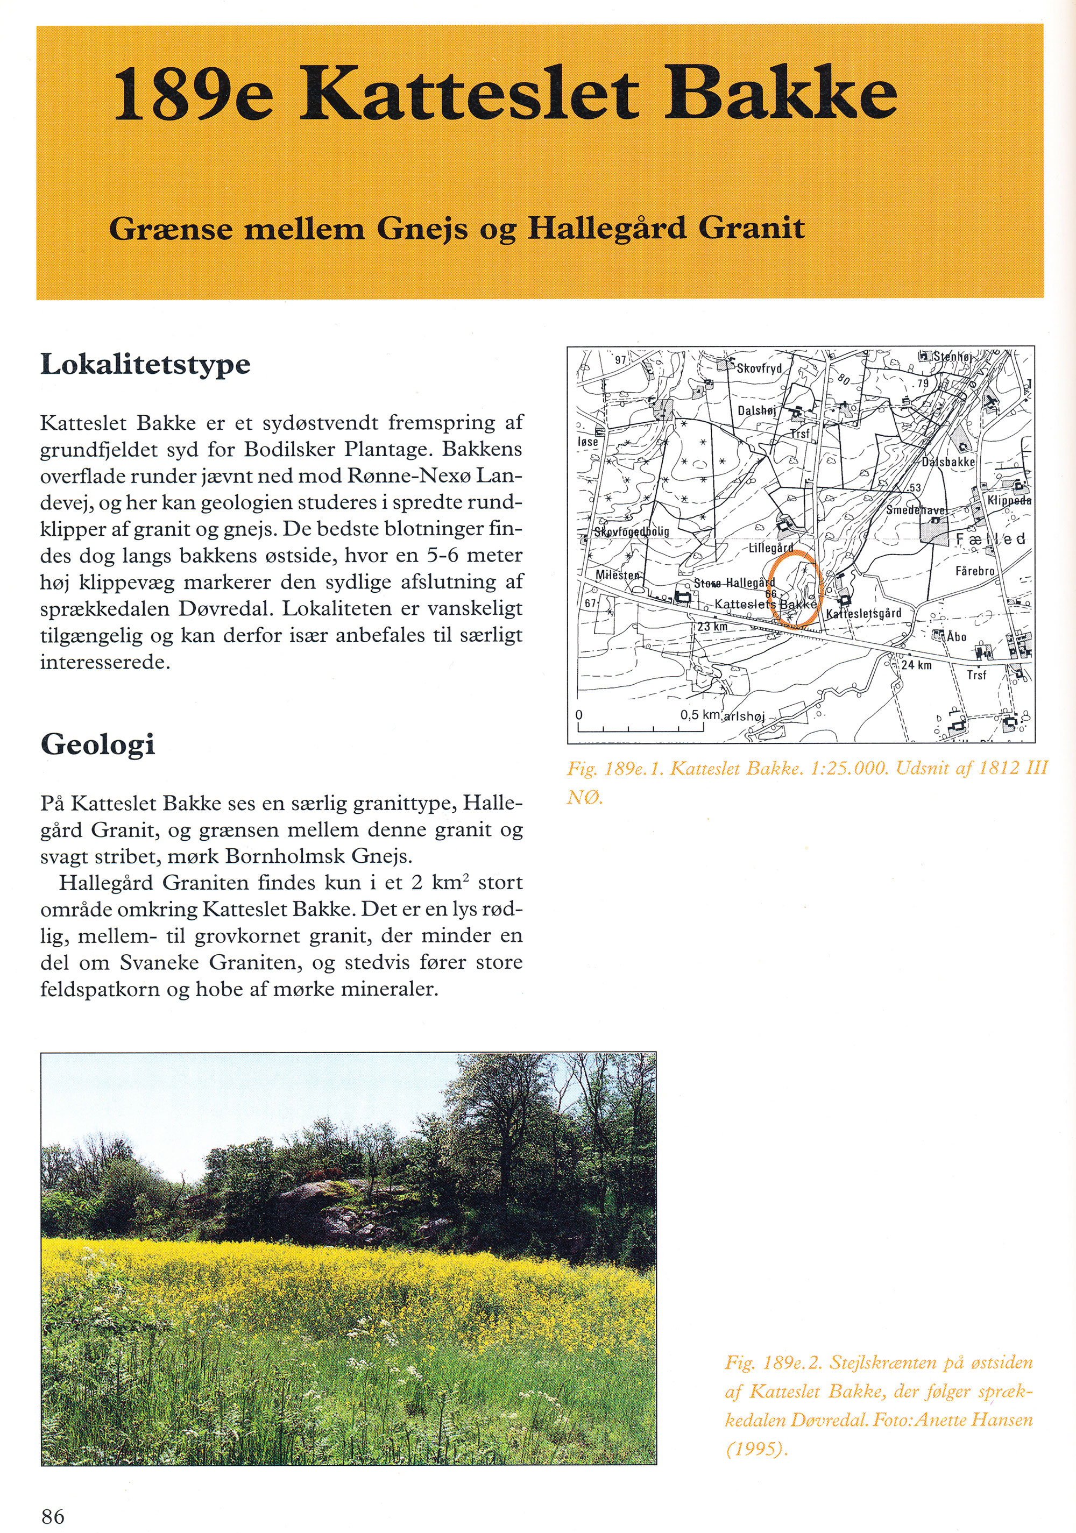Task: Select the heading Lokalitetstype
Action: (146, 365)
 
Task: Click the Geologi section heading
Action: (97, 745)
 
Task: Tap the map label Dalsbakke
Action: (948, 462)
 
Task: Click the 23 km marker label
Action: (712, 628)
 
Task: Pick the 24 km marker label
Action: (916, 665)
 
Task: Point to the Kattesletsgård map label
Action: (863, 613)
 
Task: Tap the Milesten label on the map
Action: (618, 576)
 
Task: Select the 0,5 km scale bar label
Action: (699, 715)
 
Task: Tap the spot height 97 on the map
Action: (620, 360)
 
